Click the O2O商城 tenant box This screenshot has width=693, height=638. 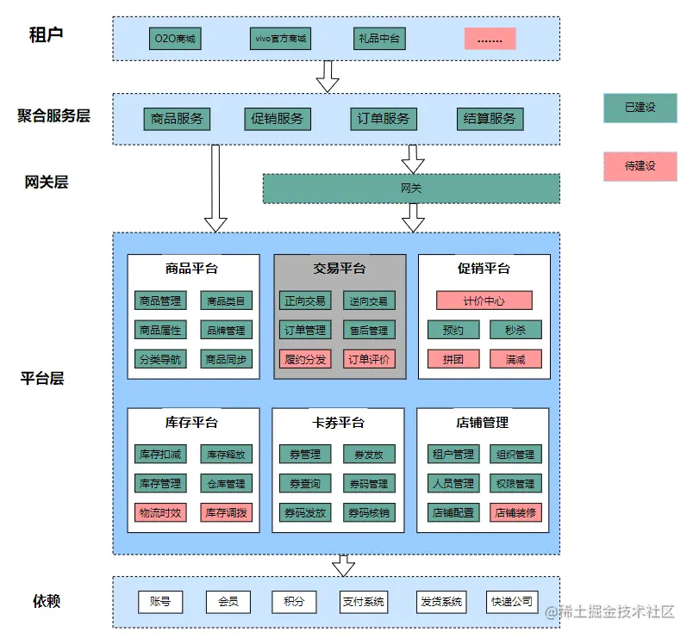175,39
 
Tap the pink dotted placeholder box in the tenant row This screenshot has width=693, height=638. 490,39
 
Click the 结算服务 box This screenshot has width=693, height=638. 490,119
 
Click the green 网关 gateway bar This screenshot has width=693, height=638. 411,189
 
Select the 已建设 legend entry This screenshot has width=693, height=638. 640,108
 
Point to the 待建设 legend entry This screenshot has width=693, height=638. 640,165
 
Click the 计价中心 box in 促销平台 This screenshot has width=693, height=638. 484,300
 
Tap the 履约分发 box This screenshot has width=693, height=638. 305,359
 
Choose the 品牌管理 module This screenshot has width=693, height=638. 227,330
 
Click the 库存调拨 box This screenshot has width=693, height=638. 227,512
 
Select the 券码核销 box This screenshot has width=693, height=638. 369,512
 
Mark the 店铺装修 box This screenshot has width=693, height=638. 516,512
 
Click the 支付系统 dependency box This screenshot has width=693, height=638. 364,602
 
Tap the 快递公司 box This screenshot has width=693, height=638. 512,602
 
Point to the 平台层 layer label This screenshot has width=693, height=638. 42,378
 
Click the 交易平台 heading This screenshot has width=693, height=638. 339,269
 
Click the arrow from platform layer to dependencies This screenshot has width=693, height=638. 344,565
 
